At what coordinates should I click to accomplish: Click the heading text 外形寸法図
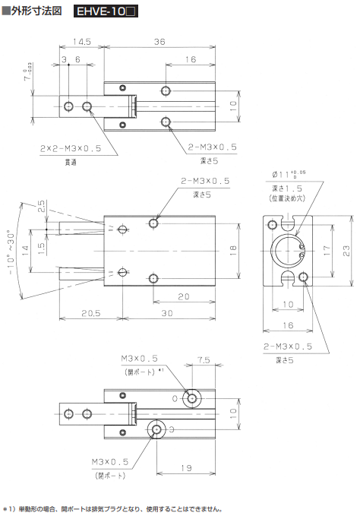(x=36, y=13)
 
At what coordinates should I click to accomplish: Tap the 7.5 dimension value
(x=203, y=361)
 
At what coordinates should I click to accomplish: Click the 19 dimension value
(x=186, y=469)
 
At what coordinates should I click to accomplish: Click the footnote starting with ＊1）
(x=114, y=508)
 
